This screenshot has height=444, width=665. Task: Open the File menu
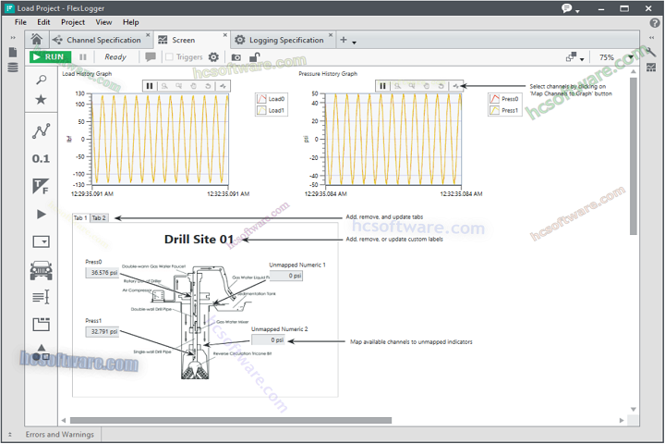click(x=20, y=22)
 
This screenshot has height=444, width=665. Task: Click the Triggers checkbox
click(x=169, y=57)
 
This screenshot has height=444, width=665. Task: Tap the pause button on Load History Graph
click(x=150, y=86)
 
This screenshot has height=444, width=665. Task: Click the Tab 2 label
click(x=99, y=218)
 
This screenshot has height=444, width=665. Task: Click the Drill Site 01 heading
click(x=199, y=240)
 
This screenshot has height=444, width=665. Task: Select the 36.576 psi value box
click(x=103, y=273)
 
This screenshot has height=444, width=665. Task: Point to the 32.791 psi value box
click(x=103, y=331)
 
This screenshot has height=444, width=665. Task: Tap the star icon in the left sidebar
click(x=41, y=100)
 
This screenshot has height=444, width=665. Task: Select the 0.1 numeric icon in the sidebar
click(x=41, y=158)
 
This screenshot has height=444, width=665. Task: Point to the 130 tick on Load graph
click(x=80, y=93)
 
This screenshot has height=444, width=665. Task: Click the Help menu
click(x=131, y=22)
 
